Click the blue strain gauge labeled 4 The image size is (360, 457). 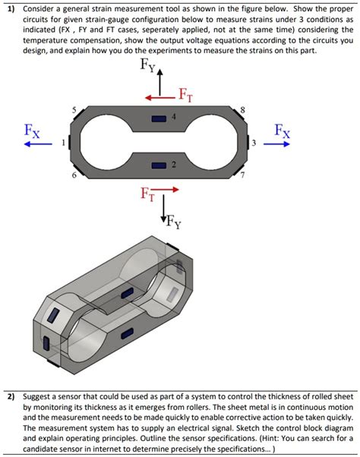pos(159,118)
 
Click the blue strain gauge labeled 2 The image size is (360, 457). pos(159,165)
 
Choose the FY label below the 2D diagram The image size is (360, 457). pos(172,222)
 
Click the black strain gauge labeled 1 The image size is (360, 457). pos(70,142)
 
